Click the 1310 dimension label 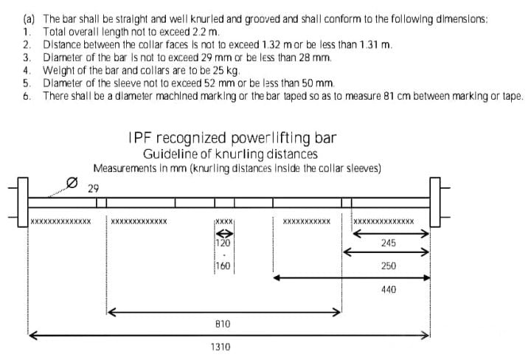point(221,347)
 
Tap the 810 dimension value point(223,324)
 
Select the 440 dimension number point(389,290)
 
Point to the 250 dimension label point(389,266)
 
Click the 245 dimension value point(389,243)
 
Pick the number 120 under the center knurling point(223,243)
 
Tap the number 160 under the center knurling point(223,266)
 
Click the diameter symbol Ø point(72,183)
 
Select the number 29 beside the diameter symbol point(93,188)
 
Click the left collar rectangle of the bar point(23,202)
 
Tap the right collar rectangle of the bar point(435,202)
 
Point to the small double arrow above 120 point(224,234)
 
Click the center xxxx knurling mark point(224,221)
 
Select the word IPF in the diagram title point(139,138)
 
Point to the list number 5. point(27,83)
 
